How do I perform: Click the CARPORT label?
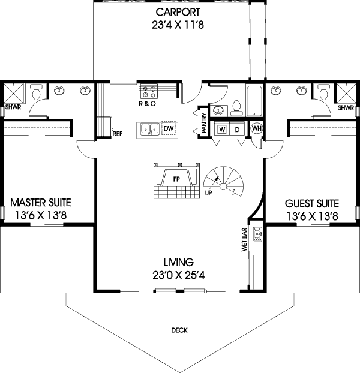178,12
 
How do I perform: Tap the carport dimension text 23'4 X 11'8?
178,25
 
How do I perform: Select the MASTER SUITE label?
37,203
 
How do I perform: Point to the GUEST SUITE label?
311,203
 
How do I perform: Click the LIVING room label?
178,262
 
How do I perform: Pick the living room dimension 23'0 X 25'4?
178,276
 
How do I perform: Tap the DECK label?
179,330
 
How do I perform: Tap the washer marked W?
222,129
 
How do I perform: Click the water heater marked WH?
256,128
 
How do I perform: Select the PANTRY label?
205,124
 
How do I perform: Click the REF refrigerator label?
118,134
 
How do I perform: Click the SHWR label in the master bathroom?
13,109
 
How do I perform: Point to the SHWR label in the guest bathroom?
345,109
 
